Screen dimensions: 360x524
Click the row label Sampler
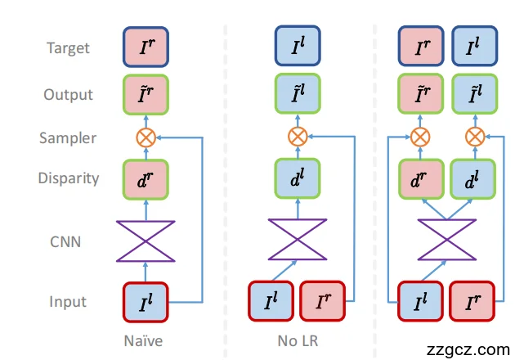(x=68, y=137)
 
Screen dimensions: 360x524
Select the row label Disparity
(x=68, y=178)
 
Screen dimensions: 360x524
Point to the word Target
(x=68, y=48)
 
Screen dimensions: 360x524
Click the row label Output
(x=68, y=94)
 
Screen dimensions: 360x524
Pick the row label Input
(x=68, y=303)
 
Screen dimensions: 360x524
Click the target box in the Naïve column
(x=146, y=47)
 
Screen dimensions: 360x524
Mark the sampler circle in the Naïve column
(x=146, y=137)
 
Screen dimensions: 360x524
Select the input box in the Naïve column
(x=146, y=302)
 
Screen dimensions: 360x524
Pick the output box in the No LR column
(x=298, y=94)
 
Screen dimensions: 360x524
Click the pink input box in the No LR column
(x=324, y=302)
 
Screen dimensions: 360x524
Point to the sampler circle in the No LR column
(x=298, y=137)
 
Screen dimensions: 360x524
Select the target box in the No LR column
(x=298, y=47)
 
